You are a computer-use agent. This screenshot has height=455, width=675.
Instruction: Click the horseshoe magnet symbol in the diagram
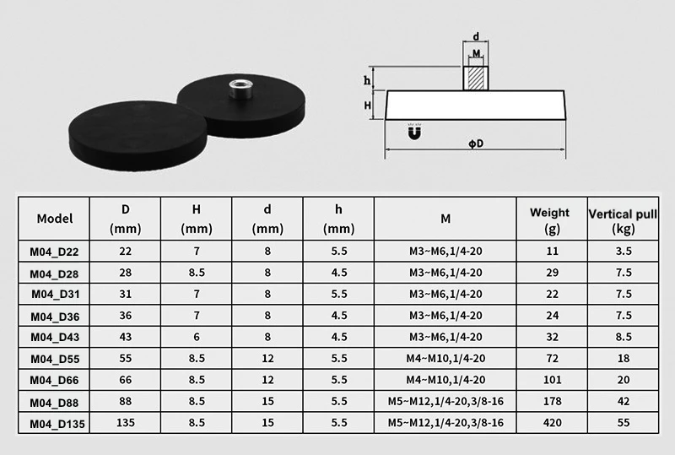[x=414, y=133]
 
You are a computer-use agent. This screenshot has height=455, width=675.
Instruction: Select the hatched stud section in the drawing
[x=477, y=78]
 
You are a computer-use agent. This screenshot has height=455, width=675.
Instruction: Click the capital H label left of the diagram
[x=369, y=106]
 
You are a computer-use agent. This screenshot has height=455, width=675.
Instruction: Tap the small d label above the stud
[x=477, y=37]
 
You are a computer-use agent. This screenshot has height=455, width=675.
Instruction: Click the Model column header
[x=55, y=219]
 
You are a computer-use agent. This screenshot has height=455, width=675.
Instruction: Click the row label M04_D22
[x=55, y=252]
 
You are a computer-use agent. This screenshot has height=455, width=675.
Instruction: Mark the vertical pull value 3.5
[x=623, y=252]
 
